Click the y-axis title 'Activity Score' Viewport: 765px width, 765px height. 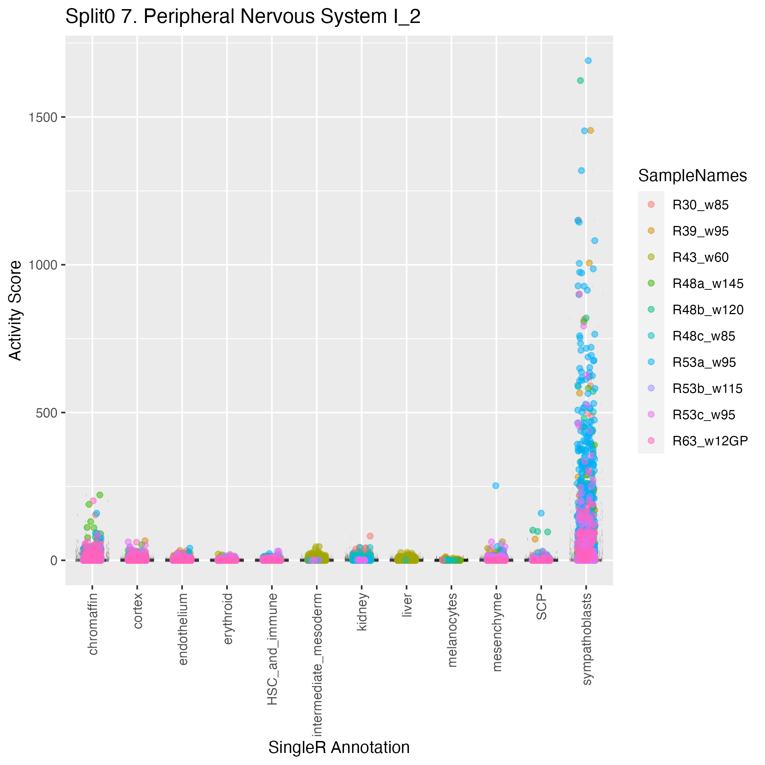(15, 310)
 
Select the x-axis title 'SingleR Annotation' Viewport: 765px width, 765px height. (339, 748)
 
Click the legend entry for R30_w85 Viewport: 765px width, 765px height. (700, 205)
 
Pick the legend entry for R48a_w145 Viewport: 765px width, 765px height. (707, 284)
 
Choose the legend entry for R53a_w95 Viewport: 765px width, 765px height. (704, 362)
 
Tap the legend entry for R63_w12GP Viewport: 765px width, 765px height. (710, 441)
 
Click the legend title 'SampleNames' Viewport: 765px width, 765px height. (692, 176)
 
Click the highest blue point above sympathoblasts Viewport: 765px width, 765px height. (588, 61)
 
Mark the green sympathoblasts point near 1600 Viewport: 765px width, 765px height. (580, 81)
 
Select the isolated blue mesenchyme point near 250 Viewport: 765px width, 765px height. (496, 486)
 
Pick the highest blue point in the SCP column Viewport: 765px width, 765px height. (541, 513)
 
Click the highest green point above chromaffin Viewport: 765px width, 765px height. (100, 495)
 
